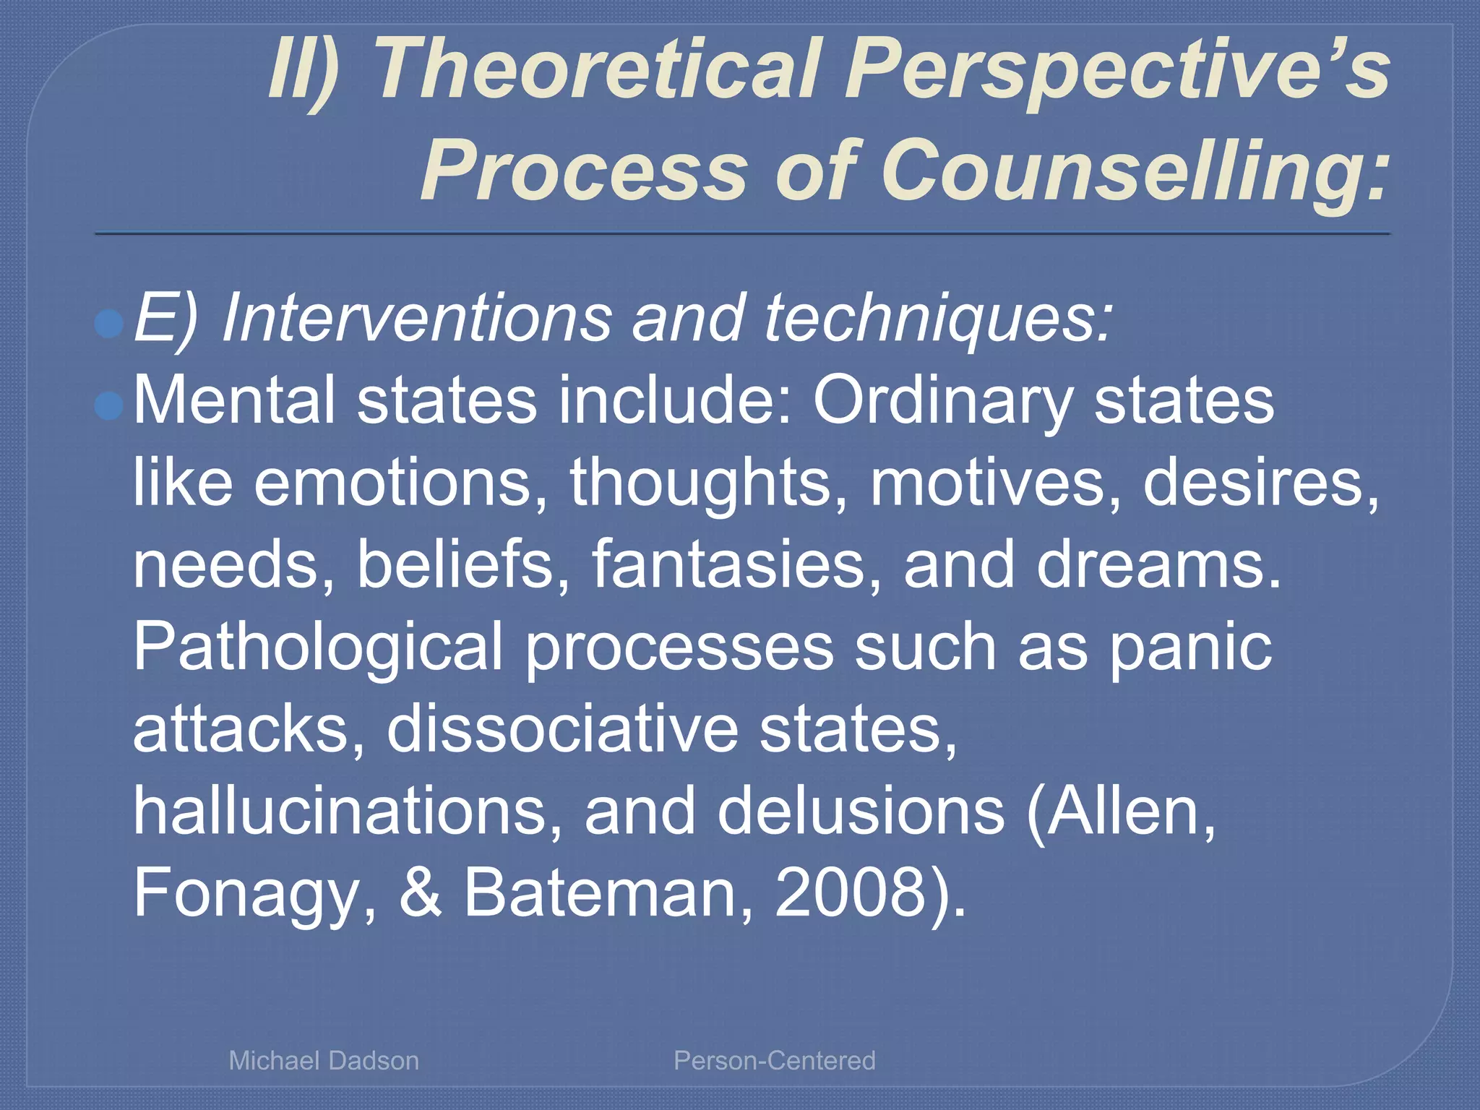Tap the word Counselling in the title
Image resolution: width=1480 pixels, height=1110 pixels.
point(1135,171)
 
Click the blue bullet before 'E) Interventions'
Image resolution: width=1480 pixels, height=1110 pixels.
point(110,324)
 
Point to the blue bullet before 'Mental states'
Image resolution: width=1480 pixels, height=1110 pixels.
point(110,406)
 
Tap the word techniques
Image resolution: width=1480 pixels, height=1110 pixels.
point(937,318)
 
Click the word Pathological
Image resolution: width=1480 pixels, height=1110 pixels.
point(319,647)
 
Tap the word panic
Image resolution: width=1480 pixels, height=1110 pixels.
point(1191,647)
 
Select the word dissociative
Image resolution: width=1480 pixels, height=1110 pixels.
point(562,729)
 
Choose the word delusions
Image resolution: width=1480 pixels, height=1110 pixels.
point(861,812)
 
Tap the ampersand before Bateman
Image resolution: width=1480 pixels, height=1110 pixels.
point(421,893)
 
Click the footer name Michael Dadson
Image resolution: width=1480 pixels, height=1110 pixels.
point(324,1060)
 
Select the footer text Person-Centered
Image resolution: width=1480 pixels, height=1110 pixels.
point(775,1060)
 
